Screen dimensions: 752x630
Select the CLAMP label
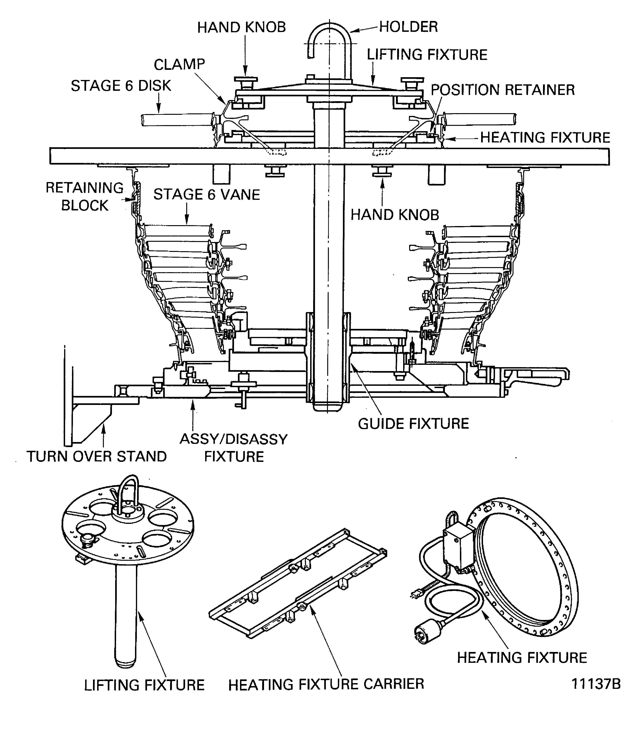click(179, 65)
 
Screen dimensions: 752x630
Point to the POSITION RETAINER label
click(502, 90)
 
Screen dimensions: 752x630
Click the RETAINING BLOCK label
click(85, 197)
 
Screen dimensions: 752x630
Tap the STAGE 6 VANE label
click(207, 195)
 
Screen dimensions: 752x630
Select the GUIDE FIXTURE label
click(413, 424)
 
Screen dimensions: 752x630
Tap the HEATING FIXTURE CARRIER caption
click(326, 684)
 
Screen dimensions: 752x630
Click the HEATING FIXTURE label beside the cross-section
click(545, 138)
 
